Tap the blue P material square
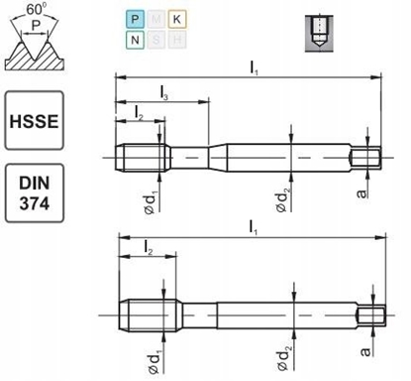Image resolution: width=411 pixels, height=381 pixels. (x=134, y=19)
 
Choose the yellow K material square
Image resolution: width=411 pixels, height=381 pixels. (x=176, y=19)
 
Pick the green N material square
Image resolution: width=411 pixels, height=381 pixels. (x=134, y=41)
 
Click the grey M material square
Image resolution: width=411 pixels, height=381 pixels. (x=155, y=19)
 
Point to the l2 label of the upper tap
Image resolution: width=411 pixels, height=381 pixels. (x=140, y=117)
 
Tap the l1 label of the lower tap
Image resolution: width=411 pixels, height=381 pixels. (x=255, y=228)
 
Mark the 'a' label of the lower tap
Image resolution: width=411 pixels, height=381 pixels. (x=367, y=350)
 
